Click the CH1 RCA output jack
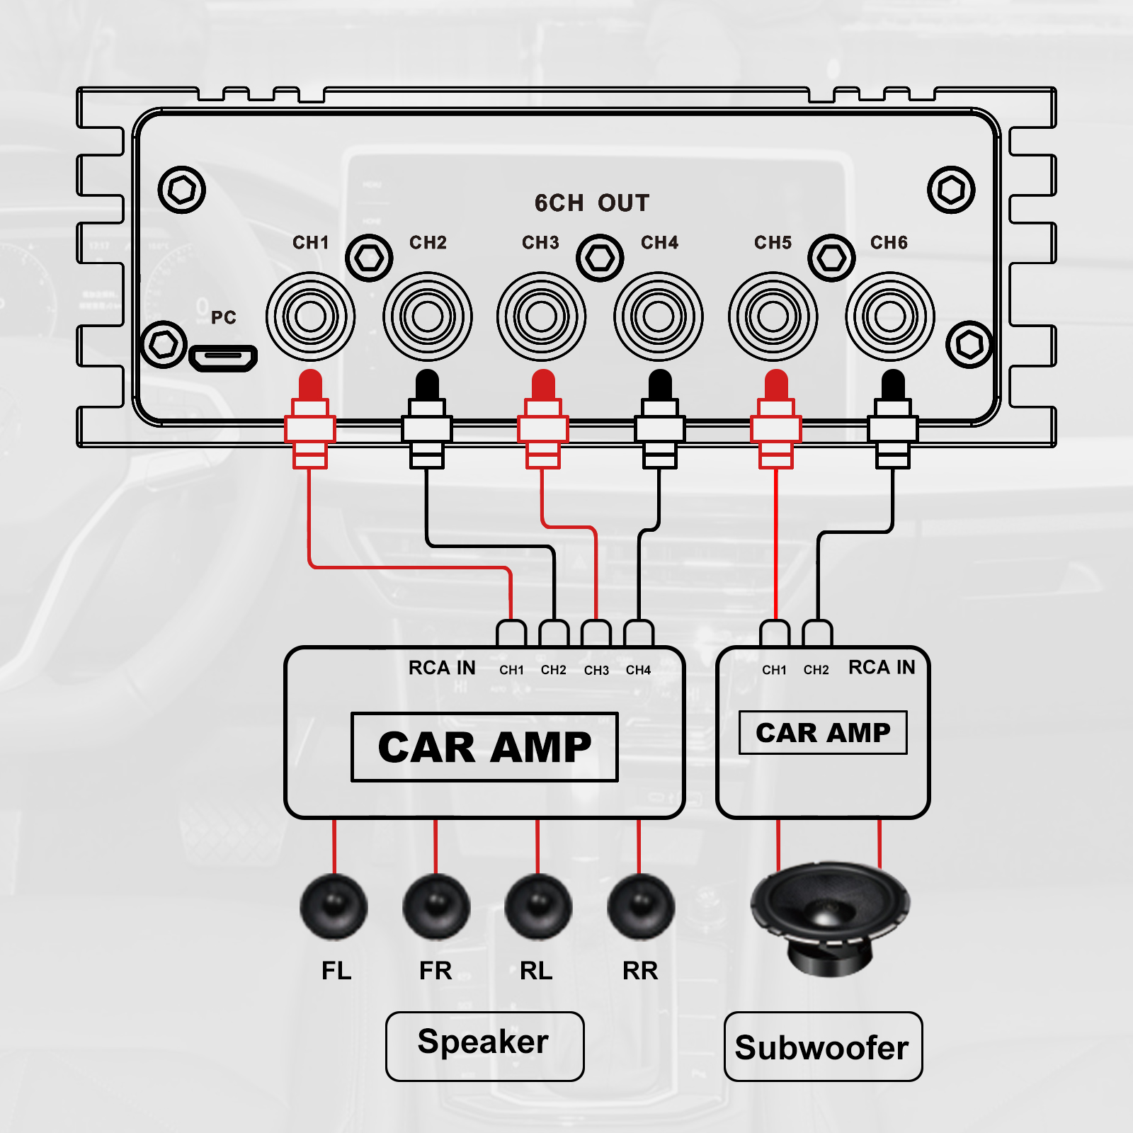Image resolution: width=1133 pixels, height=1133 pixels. click(x=310, y=316)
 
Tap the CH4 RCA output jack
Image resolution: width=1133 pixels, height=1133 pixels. click(x=659, y=316)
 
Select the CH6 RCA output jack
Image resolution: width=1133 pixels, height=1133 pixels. click(x=890, y=316)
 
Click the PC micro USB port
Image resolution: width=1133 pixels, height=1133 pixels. click(x=223, y=358)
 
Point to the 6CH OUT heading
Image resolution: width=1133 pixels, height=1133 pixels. click(x=591, y=203)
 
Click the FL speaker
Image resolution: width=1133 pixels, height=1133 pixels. click(x=334, y=907)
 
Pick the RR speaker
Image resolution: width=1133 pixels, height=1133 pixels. click(x=640, y=907)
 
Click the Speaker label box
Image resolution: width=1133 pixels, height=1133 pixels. click(x=484, y=1046)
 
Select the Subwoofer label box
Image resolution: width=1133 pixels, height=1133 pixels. click(x=823, y=1047)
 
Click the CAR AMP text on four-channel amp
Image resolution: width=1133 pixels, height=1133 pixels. click(x=484, y=747)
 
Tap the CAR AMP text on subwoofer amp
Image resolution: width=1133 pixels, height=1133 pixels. click(x=823, y=733)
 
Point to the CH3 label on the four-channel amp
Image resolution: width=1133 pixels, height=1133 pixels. click(x=596, y=670)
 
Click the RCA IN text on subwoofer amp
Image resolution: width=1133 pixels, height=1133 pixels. click(x=882, y=667)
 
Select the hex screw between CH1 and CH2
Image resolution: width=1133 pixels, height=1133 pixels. click(x=369, y=258)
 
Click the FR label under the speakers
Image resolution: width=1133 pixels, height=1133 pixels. click(x=435, y=970)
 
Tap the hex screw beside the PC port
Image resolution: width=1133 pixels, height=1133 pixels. click(x=164, y=345)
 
